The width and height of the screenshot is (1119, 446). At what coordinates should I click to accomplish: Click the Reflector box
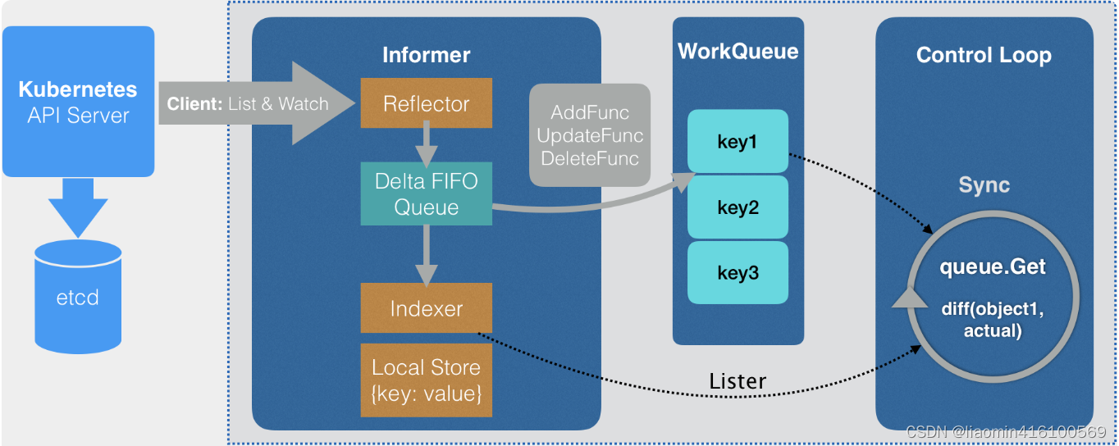(426, 104)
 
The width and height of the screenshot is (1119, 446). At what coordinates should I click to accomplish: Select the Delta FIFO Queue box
(426, 194)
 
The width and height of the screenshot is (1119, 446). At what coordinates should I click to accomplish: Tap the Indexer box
(426, 308)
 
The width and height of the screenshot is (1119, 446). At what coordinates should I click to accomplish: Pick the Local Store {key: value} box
(426, 380)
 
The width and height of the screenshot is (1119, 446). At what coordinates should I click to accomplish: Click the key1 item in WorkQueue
(738, 142)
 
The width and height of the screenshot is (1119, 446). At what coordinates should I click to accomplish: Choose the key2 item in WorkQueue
(738, 207)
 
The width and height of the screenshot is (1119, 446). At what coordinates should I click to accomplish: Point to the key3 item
(738, 273)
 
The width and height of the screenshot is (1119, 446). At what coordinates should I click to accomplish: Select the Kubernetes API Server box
(78, 102)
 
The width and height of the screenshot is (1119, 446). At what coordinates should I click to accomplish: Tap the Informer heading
(426, 55)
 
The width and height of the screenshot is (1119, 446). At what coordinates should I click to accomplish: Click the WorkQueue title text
(738, 51)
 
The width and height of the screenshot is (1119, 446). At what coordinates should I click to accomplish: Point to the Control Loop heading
(984, 55)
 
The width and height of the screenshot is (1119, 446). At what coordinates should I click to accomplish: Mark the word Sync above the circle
(984, 185)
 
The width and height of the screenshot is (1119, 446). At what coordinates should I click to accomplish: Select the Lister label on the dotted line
(738, 381)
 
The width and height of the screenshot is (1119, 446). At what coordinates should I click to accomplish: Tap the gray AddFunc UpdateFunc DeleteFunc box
(590, 134)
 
